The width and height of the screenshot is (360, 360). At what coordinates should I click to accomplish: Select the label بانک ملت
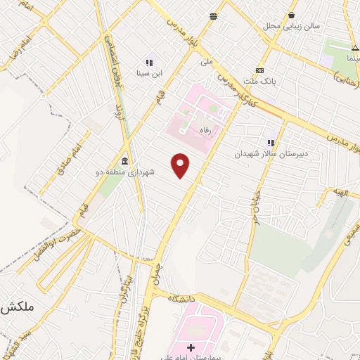click(x=259, y=82)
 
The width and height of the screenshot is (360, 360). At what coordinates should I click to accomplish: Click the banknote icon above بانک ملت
click(x=260, y=70)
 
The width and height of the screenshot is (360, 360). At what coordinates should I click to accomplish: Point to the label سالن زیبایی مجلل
click(x=291, y=26)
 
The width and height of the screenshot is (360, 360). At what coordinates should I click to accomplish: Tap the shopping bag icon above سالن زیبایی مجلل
click(x=291, y=15)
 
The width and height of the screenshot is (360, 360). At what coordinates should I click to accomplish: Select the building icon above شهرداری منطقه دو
click(x=124, y=160)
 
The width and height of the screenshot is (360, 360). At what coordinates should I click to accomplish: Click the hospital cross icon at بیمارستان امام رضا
click(x=191, y=347)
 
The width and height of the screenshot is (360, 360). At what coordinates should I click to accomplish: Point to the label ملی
click(x=206, y=61)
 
